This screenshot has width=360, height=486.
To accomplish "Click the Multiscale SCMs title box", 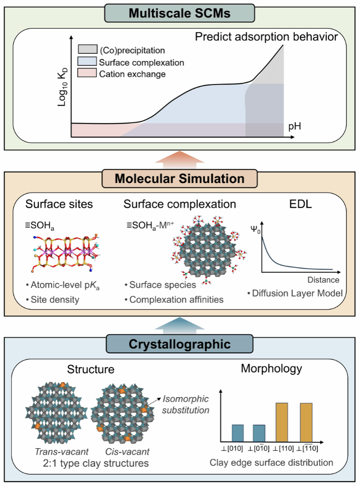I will [180, 13].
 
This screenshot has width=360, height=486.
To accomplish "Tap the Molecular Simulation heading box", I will [180, 179].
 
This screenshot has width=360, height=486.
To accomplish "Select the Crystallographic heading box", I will [180, 345].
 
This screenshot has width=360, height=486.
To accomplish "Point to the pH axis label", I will [295, 127].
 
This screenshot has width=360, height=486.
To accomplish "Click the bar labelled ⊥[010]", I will [238, 432].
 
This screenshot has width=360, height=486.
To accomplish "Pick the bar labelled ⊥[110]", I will [282, 422].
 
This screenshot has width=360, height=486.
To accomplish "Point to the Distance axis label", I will [324, 280].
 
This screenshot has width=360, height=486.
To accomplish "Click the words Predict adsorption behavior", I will [266, 37].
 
